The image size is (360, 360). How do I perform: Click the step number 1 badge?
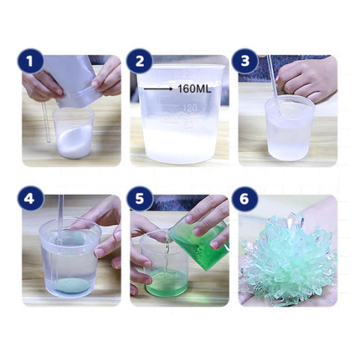(x=31, y=61)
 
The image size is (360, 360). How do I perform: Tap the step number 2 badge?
(x=139, y=61)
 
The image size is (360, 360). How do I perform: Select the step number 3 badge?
(x=245, y=61)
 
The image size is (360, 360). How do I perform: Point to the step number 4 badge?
(x=31, y=199)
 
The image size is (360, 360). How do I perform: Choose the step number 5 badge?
(x=139, y=199)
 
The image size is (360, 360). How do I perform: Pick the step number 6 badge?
(x=245, y=199)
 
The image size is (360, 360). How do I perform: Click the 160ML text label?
(x=194, y=88)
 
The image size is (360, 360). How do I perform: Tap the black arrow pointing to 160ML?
(x=158, y=88)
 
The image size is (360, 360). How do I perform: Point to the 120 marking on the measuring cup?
(x=190, y=108)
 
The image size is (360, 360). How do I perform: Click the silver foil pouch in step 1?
(x=70, y=81)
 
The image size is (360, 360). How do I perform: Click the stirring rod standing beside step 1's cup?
(x=46, y=122)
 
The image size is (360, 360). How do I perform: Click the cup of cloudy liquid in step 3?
(x=289, y=129)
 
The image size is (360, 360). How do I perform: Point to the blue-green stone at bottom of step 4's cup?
(x=71, y=286)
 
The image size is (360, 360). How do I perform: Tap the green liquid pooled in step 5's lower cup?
(x=166, y=282)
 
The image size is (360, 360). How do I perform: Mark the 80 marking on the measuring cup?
(x=190, y=124)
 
